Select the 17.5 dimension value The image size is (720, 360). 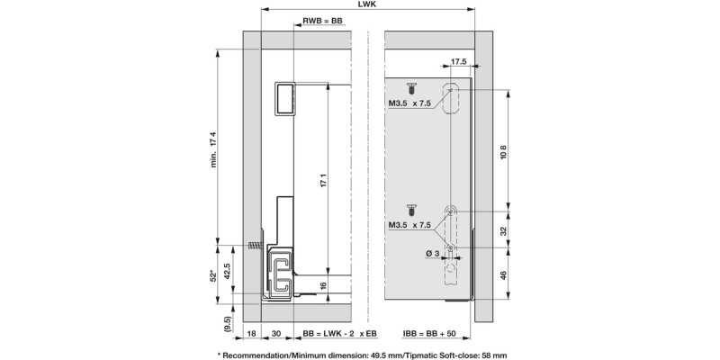[x=458, y=62]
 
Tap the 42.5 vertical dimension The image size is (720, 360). [x=229, y=271]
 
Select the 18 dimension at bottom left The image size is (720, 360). [x=252, y=333]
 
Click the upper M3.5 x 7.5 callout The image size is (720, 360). [x=410, y=104]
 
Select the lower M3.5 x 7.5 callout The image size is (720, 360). [x=410, y=224]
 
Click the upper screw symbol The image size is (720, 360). [x=410, y=90]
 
